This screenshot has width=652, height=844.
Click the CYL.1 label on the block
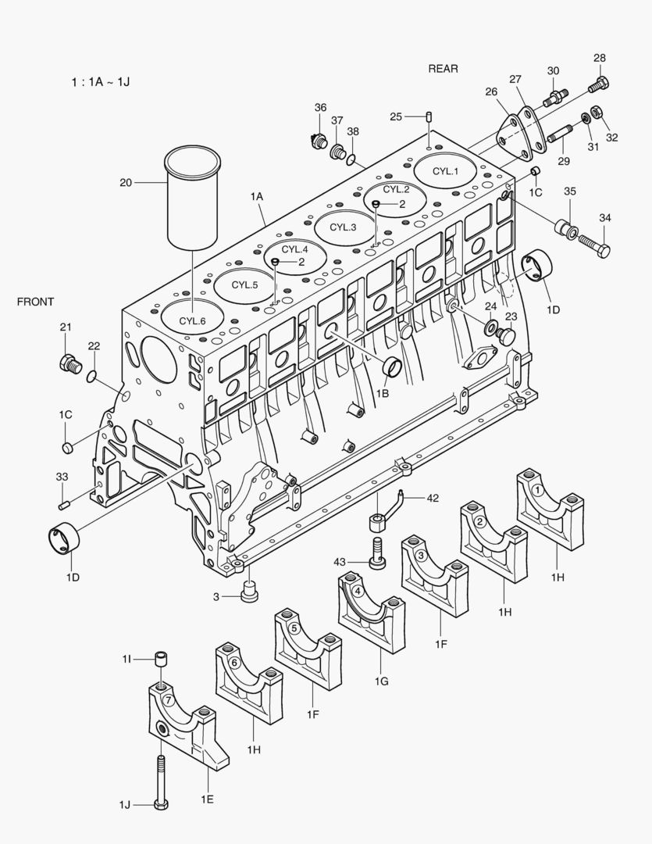point(446,171)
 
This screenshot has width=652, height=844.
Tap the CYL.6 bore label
point(192,320)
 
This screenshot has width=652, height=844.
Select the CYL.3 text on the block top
point(342,227)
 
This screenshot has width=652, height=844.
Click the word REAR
point(443,69)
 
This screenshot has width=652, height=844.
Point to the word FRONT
point(36,302)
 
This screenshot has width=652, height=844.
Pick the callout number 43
point(340,561)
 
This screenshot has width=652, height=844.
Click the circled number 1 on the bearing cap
point(538,489)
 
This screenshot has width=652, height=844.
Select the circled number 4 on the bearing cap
point(357,591)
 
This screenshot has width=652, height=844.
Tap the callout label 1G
point(381,682)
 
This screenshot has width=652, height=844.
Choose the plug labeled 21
point(70,363)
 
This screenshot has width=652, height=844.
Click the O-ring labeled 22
point(92,378)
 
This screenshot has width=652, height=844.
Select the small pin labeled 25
point(429,117)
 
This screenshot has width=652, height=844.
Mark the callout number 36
point(320,108)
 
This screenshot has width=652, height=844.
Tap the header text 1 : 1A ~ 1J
point(98,80)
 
